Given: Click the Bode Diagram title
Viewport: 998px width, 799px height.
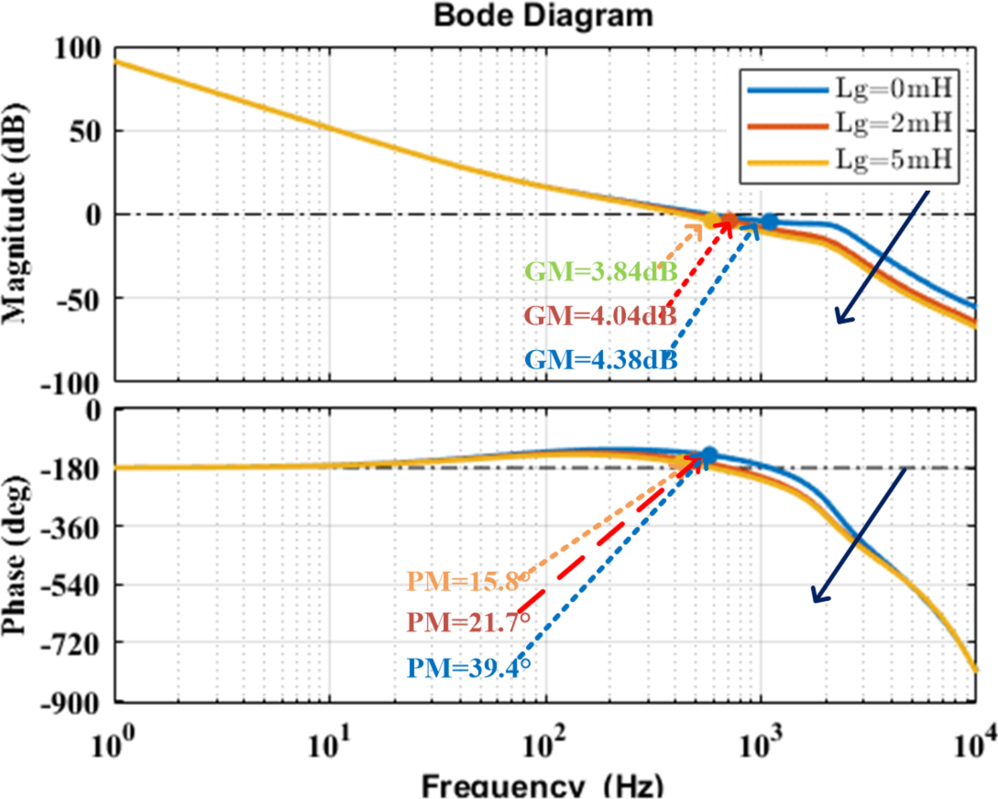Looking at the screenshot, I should point(543,16).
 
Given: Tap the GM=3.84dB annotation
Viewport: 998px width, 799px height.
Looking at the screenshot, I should point(601,271).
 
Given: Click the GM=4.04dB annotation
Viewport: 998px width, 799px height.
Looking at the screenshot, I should point(600,315).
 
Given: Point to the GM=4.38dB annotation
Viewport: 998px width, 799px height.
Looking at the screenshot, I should point(601,359).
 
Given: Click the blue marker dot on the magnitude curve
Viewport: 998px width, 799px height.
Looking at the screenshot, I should point(769,222).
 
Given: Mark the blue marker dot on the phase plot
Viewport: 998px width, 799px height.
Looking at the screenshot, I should point(709,455).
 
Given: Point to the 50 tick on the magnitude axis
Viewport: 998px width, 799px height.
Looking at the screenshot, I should point(85,132).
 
